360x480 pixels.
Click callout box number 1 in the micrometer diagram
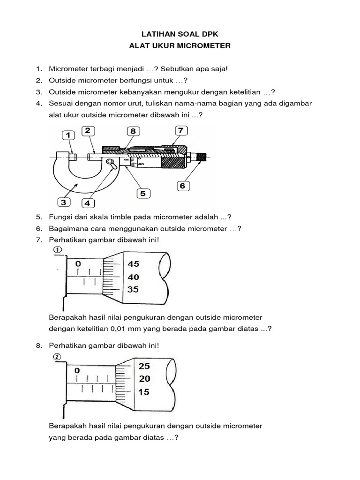68,135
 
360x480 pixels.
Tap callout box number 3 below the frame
64,202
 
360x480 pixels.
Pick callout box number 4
88,203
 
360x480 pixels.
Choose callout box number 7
180,130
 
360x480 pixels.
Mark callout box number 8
133,131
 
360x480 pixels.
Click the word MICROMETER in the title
202,46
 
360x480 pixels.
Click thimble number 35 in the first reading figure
133,290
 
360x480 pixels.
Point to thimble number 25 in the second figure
144,366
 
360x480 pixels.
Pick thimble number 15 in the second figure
144,392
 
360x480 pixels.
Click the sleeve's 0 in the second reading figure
77,370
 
